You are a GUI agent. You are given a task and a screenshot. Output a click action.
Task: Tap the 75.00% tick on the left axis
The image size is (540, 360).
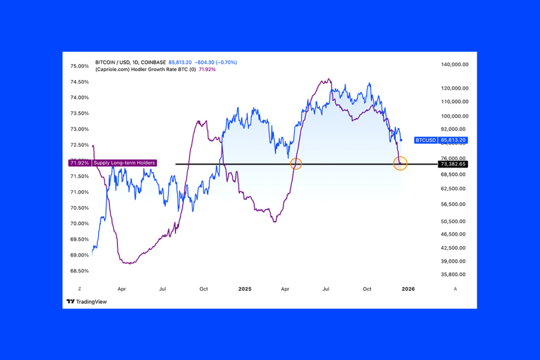point(79,66)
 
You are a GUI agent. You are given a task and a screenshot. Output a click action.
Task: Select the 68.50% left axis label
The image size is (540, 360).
point(79,271)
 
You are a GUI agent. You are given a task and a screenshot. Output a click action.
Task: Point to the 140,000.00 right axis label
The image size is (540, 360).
point(455,65)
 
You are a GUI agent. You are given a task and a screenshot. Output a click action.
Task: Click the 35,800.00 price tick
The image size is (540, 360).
point(455,275)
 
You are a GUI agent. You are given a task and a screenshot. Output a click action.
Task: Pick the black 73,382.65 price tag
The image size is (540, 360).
point(453,164)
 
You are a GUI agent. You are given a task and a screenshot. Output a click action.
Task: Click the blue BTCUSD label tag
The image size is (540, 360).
point(426,140)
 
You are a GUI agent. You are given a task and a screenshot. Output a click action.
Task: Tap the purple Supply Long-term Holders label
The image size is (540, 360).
point(124,163)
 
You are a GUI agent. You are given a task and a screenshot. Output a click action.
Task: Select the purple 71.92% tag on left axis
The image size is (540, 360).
point(79,163)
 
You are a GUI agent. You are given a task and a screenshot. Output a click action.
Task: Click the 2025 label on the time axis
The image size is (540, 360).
point(245,289)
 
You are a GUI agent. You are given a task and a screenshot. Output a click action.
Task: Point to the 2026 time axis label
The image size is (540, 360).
point(408,289)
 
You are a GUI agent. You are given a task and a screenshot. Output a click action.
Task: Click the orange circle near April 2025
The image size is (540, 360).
point(296,163)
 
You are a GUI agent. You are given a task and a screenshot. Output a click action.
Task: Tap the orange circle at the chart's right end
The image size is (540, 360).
point(401,163)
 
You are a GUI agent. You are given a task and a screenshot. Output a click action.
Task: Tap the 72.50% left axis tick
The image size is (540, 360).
point(79,145)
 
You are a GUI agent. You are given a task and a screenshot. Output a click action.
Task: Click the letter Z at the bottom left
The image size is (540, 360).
point(79,289)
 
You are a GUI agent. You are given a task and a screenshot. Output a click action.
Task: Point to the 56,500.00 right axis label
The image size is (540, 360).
point(455,205)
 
